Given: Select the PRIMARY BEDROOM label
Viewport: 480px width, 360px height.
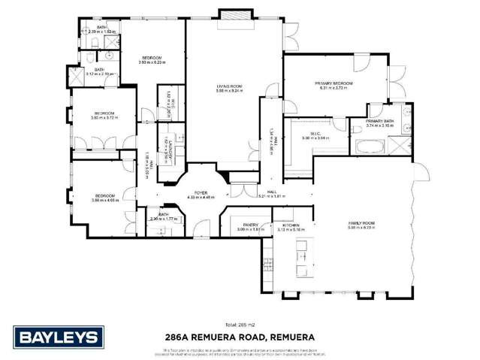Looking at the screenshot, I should point(334,83).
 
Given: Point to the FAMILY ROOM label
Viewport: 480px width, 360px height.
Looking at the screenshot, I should point(361,222).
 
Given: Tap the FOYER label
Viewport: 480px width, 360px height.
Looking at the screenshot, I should point(201,192).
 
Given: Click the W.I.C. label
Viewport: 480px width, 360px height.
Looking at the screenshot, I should point(315,133).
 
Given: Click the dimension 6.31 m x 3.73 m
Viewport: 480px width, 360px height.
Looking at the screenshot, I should point(334,89).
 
